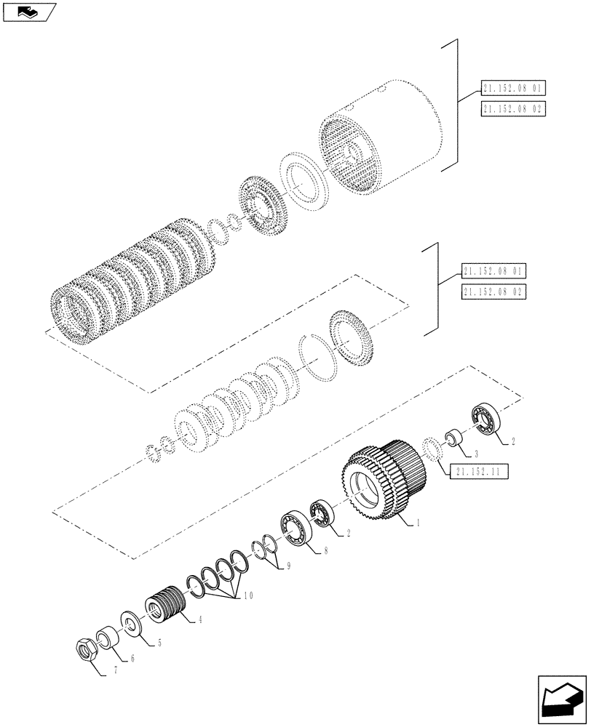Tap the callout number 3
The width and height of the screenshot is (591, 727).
point(476,454)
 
